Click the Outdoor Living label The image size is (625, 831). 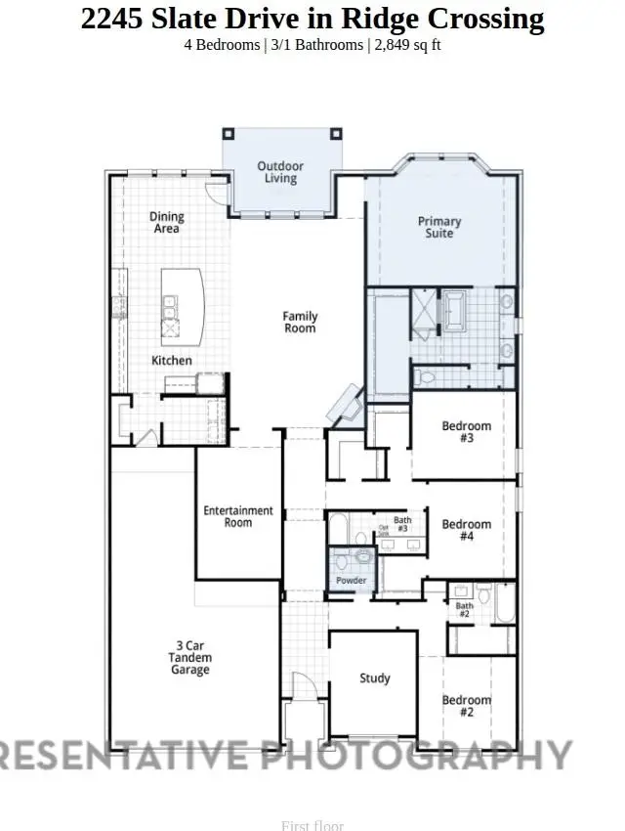(x=280, y=173)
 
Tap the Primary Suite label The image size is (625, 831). (x=439, y=227)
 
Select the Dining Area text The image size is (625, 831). (x=167, y=222)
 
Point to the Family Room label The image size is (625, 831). (x=300, y=323)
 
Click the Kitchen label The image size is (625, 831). (x=172, y=361)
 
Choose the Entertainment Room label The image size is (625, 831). (x=238, y=516)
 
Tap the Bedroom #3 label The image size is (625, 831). (x=466, y=432)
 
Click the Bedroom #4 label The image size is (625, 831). (x=466, y=531)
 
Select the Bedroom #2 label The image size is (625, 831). (x=466, y=706)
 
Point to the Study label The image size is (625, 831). (x=374, y=678)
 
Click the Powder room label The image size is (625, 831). (x=352, y=581)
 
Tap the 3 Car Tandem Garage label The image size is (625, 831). (x=190, y=658)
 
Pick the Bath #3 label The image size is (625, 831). (x=402, y=524)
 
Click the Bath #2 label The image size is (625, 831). (x=465, y=610)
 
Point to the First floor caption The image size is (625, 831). (x=312, y=825)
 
